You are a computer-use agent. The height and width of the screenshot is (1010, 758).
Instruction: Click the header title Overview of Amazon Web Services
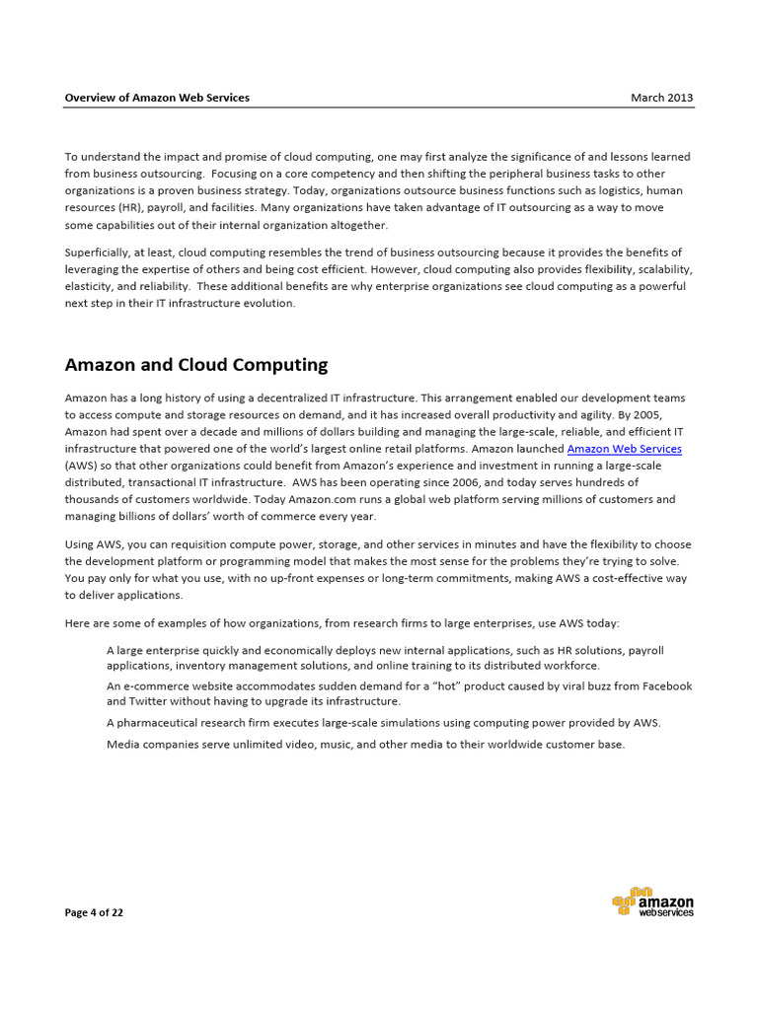[x=157, y=98]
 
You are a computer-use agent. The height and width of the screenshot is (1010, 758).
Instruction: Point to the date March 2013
[x=662, y=98]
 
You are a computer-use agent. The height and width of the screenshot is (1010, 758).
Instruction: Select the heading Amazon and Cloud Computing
[x=195, y=365]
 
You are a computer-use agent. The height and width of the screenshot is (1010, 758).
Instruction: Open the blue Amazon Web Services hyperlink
[x=624, y=449]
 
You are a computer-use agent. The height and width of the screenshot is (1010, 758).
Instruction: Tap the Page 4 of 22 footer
[x=94, y=912]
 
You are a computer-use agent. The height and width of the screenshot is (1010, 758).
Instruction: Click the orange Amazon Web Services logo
[x=652, y=902]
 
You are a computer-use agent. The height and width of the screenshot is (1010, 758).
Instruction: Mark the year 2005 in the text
[x=670, y=415]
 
